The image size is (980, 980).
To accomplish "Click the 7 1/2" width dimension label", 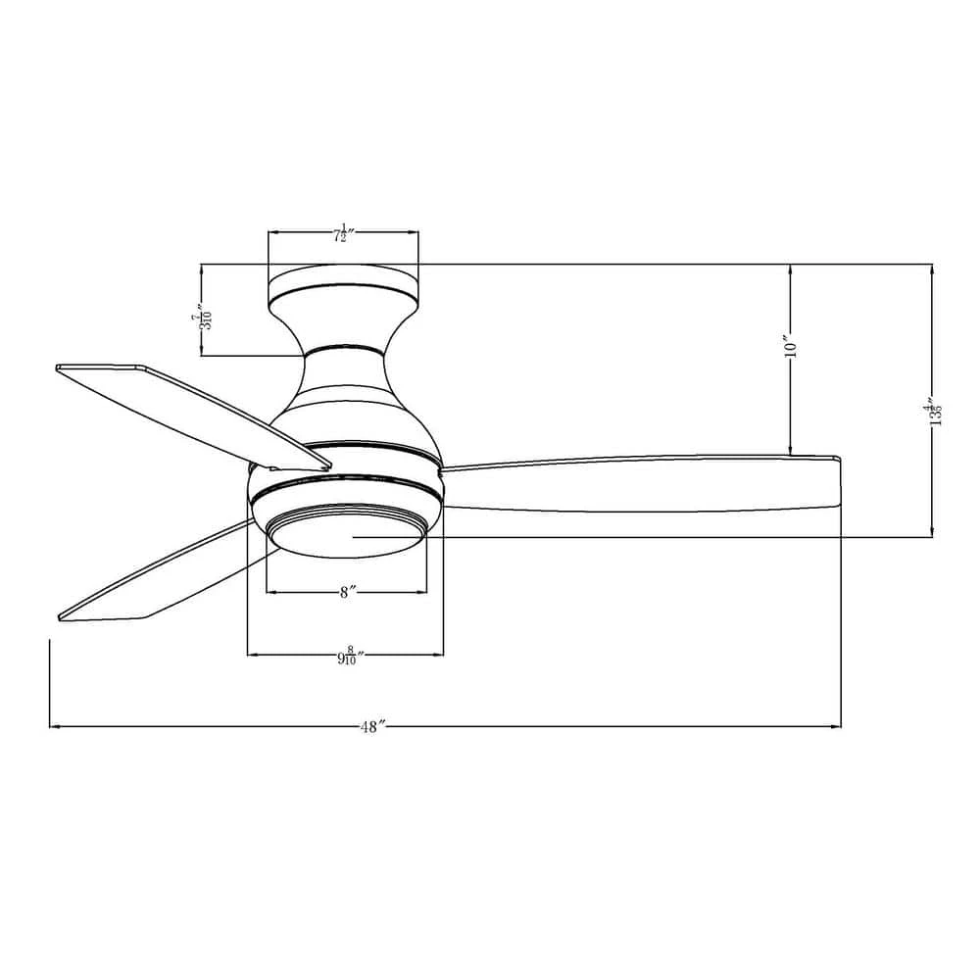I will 343,235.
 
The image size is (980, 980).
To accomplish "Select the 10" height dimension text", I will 792,347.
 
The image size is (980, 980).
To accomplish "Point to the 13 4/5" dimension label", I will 934,413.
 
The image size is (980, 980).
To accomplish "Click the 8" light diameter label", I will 347,593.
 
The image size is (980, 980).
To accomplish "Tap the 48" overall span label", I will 370,727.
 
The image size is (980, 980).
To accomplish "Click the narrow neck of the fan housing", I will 343,347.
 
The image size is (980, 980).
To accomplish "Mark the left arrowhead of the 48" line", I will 54,726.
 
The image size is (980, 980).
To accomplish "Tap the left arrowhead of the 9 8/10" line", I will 252,654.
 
